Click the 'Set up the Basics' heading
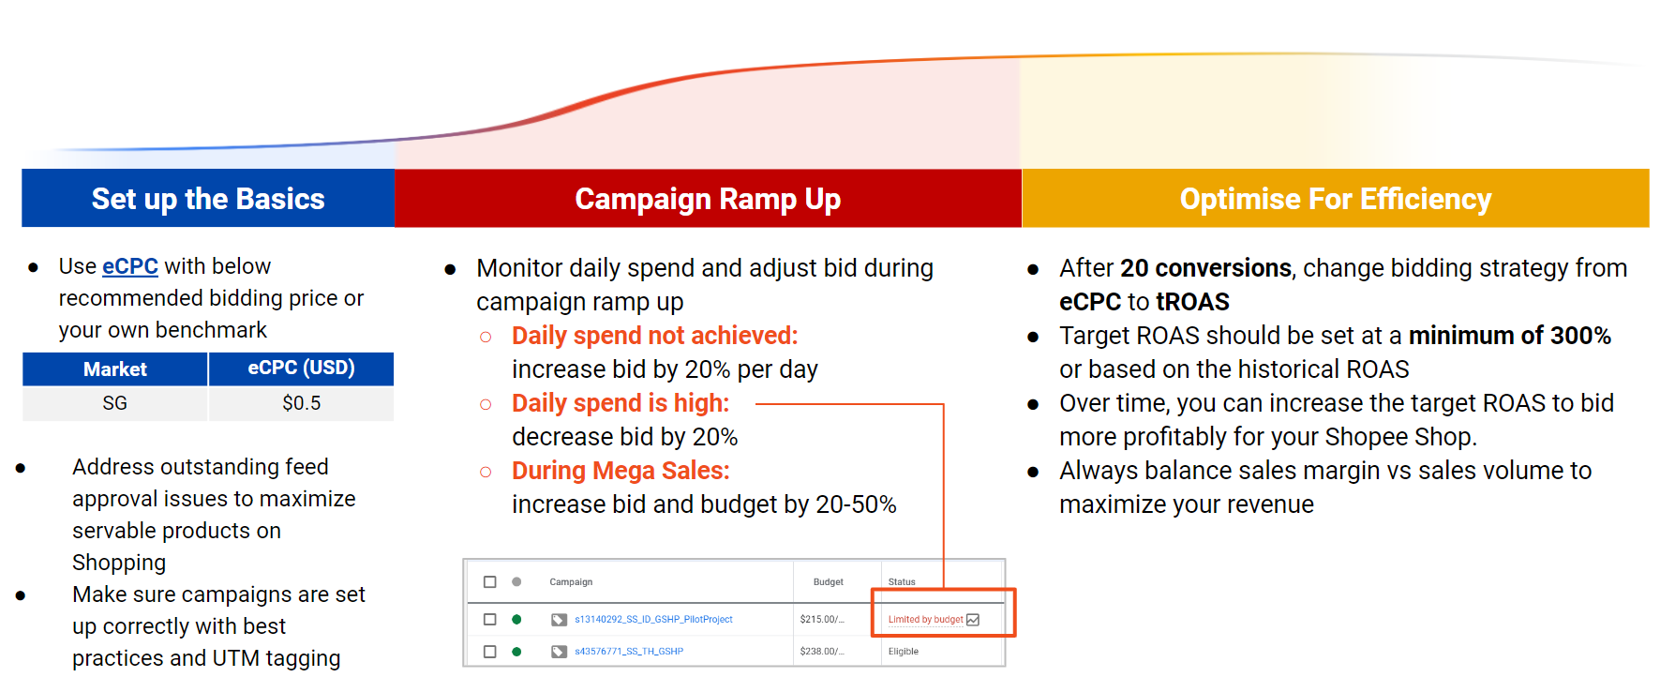[x=208, y=199]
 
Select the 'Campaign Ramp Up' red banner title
[x=708, y=199]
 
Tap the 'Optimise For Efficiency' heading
[x=1335, y=199]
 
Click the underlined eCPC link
[x=129, y=266]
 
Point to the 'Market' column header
[x=114, y=369]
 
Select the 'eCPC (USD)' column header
[x=301, y=368]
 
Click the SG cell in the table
[x=114, y=403]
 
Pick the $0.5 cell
[x=301, y=403]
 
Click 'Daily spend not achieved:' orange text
[x=654, y=336]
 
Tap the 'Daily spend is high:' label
[x=620, y=403]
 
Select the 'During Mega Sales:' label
[x=620, y=471]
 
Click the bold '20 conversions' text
[x=1205, y=268]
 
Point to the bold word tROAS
[x=1192, y=302]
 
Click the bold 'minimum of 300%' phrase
[x=1509, y=336]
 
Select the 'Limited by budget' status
[x=925, y=620]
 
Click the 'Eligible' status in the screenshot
[x=904, y=652]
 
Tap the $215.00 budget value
[x=821, y=620]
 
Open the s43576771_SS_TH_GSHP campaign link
[x=628, y=652]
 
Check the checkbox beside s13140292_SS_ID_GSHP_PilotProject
[x=489, y=620]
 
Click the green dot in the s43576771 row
[x=516, y=652]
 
